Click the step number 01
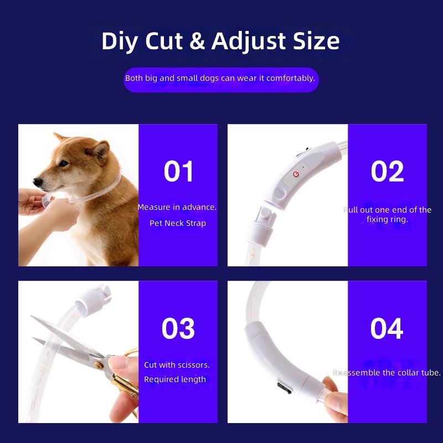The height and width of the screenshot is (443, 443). pos(178,172)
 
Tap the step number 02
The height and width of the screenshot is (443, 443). pos(387,172)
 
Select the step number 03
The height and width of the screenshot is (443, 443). pos(178,329)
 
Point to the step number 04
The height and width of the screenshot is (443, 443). pos(387,329)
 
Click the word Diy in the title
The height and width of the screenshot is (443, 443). pos(120,42)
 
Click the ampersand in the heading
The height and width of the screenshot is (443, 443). pos(197,42)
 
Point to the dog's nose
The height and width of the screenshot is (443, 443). pos(37,181)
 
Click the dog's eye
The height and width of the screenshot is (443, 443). pos(63,163)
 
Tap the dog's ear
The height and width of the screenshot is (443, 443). pos(100,150)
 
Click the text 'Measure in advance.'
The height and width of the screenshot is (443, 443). pos(177,207)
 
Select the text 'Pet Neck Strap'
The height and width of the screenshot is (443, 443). pos(177,223)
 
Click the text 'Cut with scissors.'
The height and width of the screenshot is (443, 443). pos(177,365)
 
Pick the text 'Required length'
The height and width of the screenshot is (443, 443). pos(175,379)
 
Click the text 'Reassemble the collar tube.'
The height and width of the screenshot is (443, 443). pos(387,373)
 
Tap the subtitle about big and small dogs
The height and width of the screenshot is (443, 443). pos(220,78)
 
